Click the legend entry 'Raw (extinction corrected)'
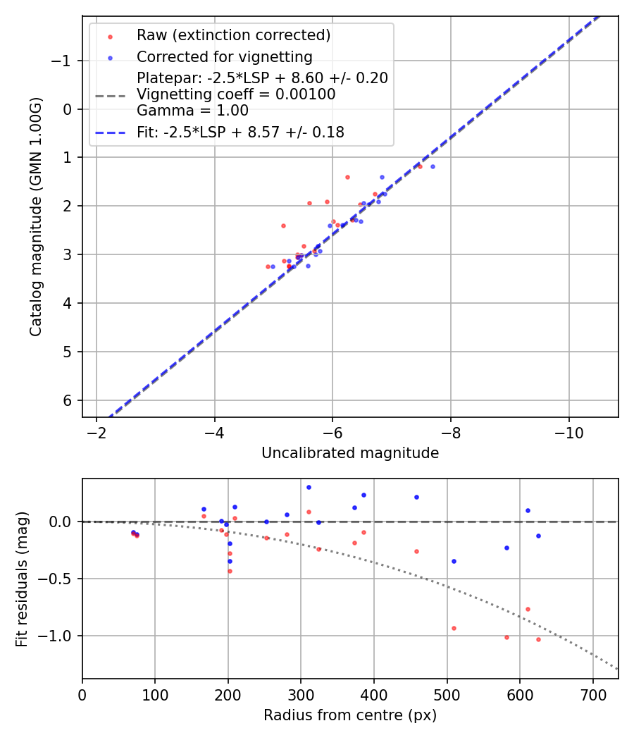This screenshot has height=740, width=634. click(x=233, y=35)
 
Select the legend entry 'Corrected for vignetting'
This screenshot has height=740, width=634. click(x=224, y=56)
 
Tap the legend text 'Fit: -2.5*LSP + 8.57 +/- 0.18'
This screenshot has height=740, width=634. click(x=240, y=132)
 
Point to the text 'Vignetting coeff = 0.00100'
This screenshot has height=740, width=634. click(x=235, y=94)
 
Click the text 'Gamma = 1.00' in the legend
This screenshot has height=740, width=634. click(x=192, y=110)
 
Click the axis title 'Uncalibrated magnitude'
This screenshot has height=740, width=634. click(x=350, y=453)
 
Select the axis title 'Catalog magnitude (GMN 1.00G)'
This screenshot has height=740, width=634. click(x=36, y=216)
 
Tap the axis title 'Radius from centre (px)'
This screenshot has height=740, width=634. click(x=350, y=715)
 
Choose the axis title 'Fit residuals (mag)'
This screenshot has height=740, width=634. click(x=22, y=579)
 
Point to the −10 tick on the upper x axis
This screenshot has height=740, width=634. click(x=568, y=432)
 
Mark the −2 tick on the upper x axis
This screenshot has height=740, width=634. click(x=97, y=432)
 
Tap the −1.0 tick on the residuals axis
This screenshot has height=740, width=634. click(x=60, y=636)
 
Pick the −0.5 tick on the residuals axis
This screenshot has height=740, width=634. click(x=60, y=579)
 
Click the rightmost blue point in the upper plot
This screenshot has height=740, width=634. click(x=433, y=166)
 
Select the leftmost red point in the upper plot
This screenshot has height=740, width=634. click(x=268, y=266)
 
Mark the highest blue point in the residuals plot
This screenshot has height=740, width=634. click(x=309, y=487)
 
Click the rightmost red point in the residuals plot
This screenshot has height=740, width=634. click(x=538, y=639)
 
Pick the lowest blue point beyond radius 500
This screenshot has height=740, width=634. click(x=454, y=561)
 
